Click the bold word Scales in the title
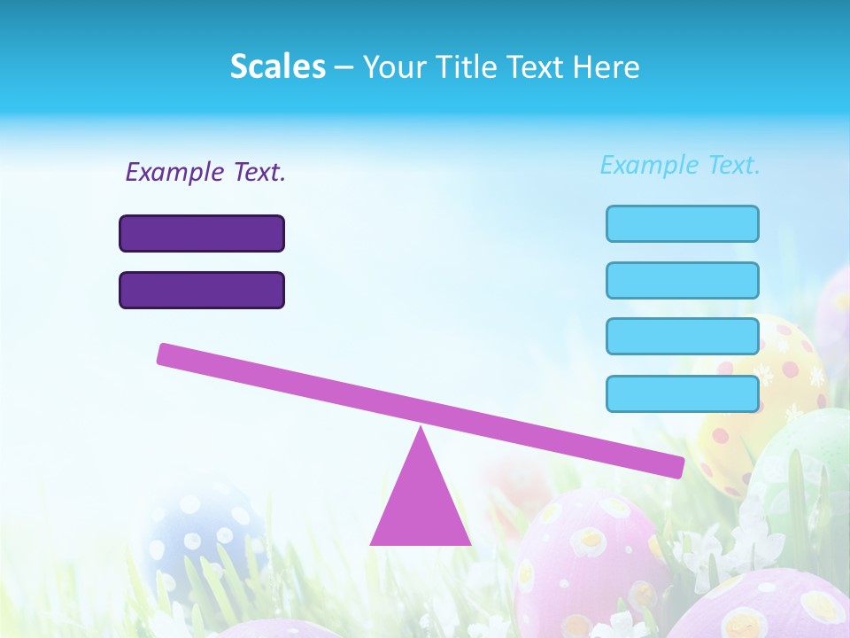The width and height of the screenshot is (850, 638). [x=277, y=66]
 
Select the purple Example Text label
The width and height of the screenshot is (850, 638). [x=205, y=172]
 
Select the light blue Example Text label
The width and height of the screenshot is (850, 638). [x=680, y=165]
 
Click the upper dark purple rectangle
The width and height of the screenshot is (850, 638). [x=202, y=234]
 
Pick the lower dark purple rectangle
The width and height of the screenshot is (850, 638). [x=202, y=291]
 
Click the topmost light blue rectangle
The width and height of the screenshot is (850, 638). [x=683, y=224]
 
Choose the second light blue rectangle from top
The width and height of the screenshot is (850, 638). [x=683, y=281]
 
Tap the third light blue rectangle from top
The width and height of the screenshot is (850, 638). [x=683, y=337]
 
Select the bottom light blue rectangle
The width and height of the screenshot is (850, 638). [x=683, y=394]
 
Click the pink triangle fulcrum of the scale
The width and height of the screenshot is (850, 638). [x=421, y=505]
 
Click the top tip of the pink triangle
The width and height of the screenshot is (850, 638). [x=421, y=431]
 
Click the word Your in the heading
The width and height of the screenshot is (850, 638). [x=395, y=66]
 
